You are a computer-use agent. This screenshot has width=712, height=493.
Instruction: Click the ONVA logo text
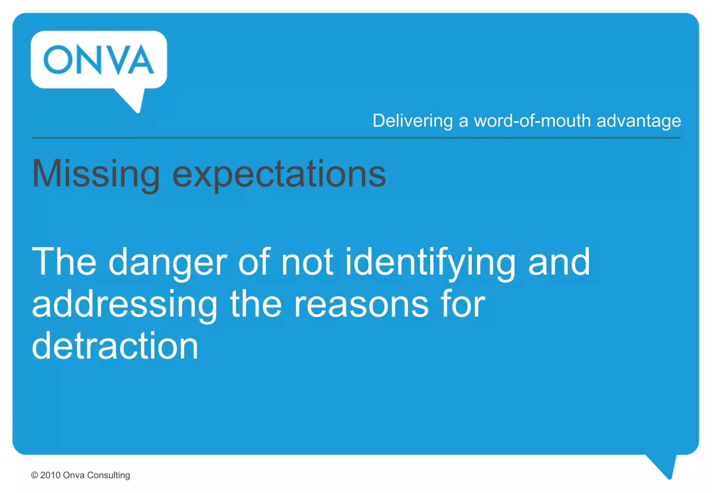pos(99,59)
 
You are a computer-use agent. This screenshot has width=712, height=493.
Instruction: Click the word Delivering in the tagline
pos(413,121)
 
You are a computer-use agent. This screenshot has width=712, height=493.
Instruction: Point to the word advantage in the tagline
pos(639,121)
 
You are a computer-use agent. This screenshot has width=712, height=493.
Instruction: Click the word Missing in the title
pos(96,174)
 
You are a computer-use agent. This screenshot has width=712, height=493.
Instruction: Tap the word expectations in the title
pos(279,174)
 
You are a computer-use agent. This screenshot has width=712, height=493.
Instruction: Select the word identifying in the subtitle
pos(430,262)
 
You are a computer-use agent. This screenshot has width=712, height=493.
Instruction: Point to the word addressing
pos(124,305)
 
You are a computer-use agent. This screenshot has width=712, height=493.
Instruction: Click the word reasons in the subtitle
pos(361,305)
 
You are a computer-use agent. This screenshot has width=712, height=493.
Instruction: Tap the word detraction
pos(115,346)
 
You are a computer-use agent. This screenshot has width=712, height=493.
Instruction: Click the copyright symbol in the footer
pos(34,475)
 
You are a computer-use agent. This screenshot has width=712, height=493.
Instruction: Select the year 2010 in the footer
pos(50,475)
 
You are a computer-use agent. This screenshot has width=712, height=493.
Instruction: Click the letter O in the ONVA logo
pos(58,59)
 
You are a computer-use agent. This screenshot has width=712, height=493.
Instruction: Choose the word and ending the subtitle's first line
pos(559,262)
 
